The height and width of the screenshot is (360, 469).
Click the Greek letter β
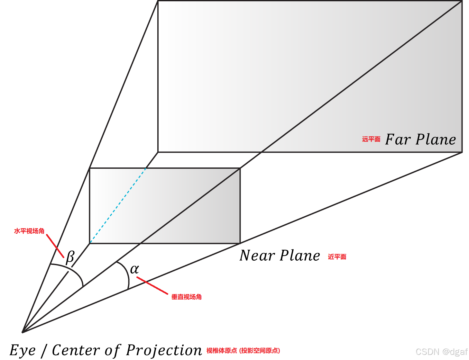[70, 257]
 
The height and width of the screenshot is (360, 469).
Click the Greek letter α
[134, 269]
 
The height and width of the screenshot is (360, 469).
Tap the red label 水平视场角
[29, 231]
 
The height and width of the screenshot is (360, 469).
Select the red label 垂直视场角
[187, 297]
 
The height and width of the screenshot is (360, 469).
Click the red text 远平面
[371, 139]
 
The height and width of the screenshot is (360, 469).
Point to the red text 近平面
[337, 256]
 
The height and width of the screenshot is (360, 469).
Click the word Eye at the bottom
[23, 350]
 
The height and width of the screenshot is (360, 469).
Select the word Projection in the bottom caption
[164, 350]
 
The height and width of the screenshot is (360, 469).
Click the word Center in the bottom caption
[76, 350]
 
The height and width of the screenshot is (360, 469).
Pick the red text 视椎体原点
[222, 350]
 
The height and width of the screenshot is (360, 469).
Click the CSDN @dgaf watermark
[441, 352]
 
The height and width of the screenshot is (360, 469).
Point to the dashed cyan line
[118, 206]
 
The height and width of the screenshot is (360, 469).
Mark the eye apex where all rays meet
[23, 332]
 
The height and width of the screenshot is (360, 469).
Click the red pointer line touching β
[55, 246]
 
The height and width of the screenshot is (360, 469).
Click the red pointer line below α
[152, 285]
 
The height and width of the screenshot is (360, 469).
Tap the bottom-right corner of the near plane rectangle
[240, 243]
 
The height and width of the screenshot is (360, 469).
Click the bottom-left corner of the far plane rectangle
[158, 152]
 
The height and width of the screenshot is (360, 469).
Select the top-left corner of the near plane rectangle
[90, 168]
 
